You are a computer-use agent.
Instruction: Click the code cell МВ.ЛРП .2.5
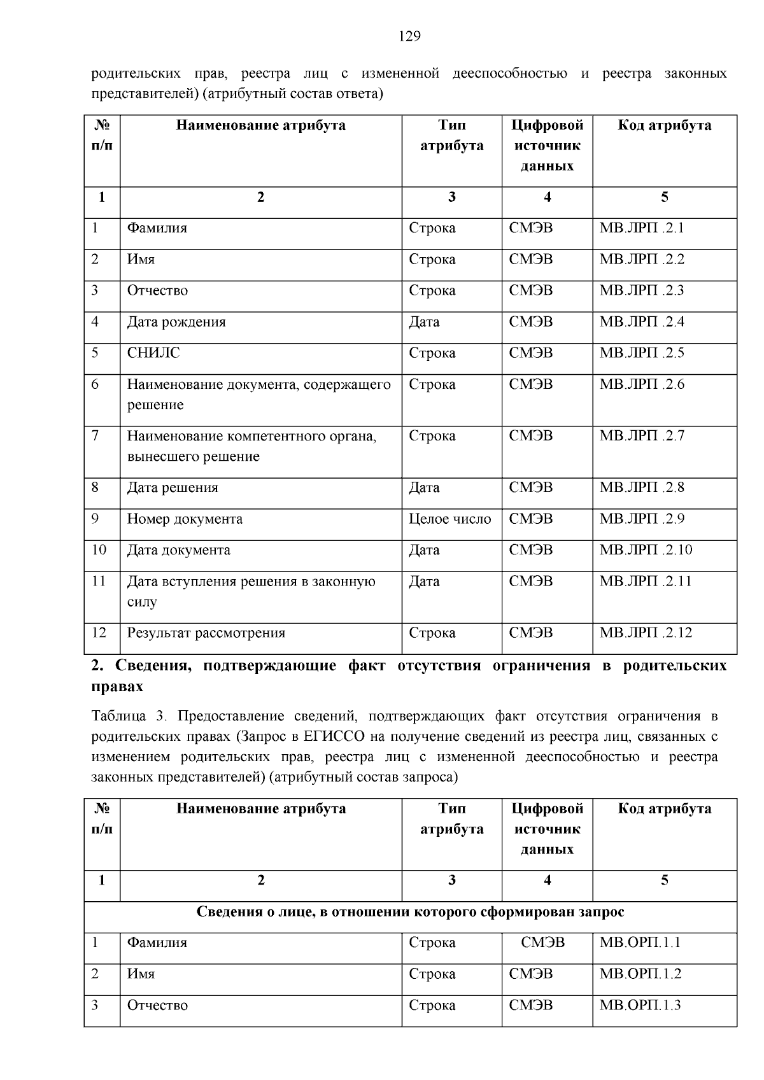pos(642,353)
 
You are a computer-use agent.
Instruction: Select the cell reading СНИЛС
pos(153,353)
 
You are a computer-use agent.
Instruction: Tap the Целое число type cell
pos(449,519)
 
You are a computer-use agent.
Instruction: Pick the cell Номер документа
pos(185,519)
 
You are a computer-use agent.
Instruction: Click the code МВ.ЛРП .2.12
pos(646,633)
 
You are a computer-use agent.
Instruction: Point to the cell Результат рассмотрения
pos(206,633)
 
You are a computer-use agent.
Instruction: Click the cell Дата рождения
pos(176,321)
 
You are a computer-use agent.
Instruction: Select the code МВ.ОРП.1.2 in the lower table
pos(640,974)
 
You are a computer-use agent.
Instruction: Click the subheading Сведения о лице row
pos(410,912)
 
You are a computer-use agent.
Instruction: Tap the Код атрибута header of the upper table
pos(664,125)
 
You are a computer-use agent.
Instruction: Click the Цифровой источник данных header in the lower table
pos(547,829)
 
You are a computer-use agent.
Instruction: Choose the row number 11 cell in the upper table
pos(99,581)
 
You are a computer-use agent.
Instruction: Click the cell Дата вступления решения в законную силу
pos(251,591)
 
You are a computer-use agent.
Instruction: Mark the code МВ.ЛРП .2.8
pos(642,487)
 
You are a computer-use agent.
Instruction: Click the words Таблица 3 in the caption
pos(128,716)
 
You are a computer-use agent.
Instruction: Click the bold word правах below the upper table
pos(117,687)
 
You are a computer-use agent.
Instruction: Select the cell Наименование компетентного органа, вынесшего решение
pos(251,446)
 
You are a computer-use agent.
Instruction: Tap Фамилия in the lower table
pos(157,943)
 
